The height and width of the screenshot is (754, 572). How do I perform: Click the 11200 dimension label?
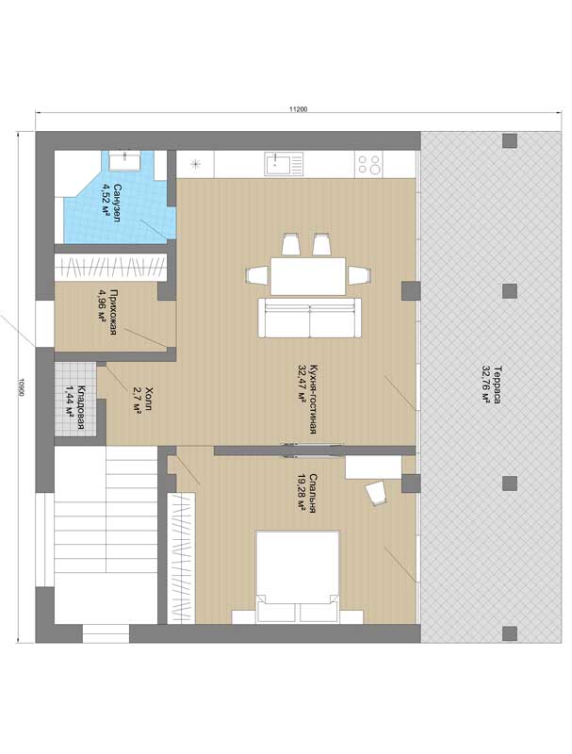(298, 109)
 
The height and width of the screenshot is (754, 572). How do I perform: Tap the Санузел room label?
(117, 203)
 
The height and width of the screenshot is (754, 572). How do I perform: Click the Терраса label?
(497, 385)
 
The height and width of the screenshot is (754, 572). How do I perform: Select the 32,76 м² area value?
(486, 385)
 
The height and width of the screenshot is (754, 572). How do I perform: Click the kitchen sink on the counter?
(284, 164)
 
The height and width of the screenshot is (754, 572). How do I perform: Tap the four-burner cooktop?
(369, 164)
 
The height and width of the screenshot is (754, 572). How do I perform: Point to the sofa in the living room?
(309, 318)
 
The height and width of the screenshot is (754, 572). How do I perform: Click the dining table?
(308, 276)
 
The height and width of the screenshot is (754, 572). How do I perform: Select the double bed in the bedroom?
(298, 576)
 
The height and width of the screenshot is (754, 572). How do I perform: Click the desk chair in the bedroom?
(376, 493)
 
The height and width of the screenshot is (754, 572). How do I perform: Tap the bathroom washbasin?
(124, 160)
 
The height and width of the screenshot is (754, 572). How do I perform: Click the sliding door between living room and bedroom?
(313, 451)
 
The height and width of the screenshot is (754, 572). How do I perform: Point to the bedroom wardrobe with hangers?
(181, 558)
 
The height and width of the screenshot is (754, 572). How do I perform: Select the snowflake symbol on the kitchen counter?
(196, 164)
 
